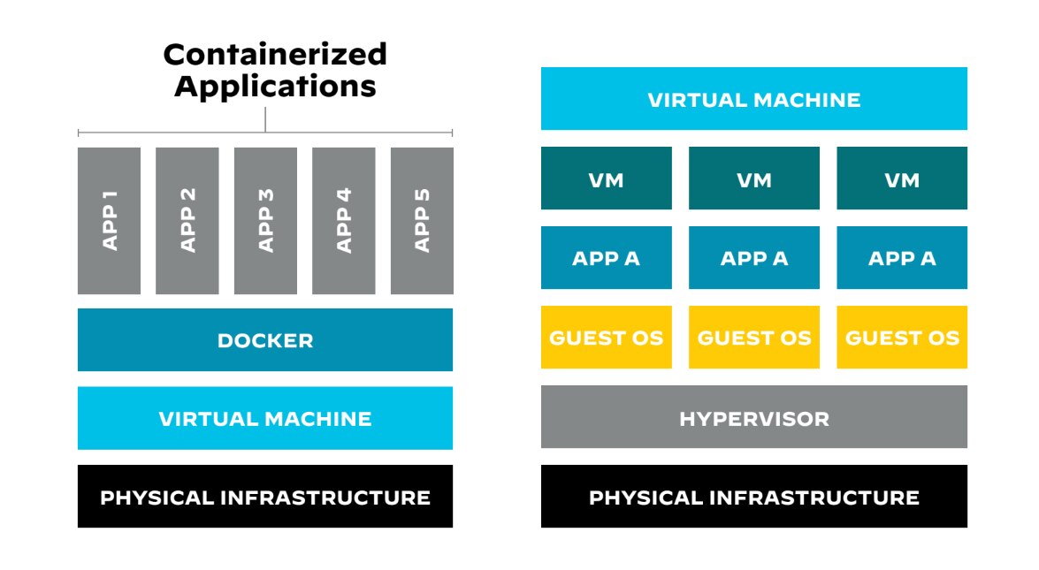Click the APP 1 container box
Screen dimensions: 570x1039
pos(109,220)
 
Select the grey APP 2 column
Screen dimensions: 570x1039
pos(187,220)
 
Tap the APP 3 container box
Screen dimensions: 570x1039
pos(265,220)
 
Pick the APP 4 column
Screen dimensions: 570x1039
pos(343,220)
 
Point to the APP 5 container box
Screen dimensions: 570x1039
pos(422,220)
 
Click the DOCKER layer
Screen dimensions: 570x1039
pos(265,340)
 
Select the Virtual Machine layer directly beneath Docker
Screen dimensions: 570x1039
pos(265,418)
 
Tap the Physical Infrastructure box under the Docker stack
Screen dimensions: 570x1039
pos(265,497)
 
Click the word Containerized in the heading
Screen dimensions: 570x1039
pos(275,55)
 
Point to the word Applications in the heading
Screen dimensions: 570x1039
pos(275,87)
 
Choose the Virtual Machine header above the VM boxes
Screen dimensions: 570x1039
pos(753,99)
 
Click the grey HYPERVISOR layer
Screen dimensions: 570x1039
pos(753,417)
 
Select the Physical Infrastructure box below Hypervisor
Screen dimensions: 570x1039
pos(753,497)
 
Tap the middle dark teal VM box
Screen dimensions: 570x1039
pos(753,179)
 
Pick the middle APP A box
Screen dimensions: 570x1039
pos(753,258)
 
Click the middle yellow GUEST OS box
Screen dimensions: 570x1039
pos(753,338)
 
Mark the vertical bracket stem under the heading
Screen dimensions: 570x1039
pos(265,119)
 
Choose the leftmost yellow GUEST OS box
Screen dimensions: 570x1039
pos(606,338)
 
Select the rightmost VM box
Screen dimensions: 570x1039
pos(902,179)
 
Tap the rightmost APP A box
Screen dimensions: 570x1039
pos(902,258)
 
